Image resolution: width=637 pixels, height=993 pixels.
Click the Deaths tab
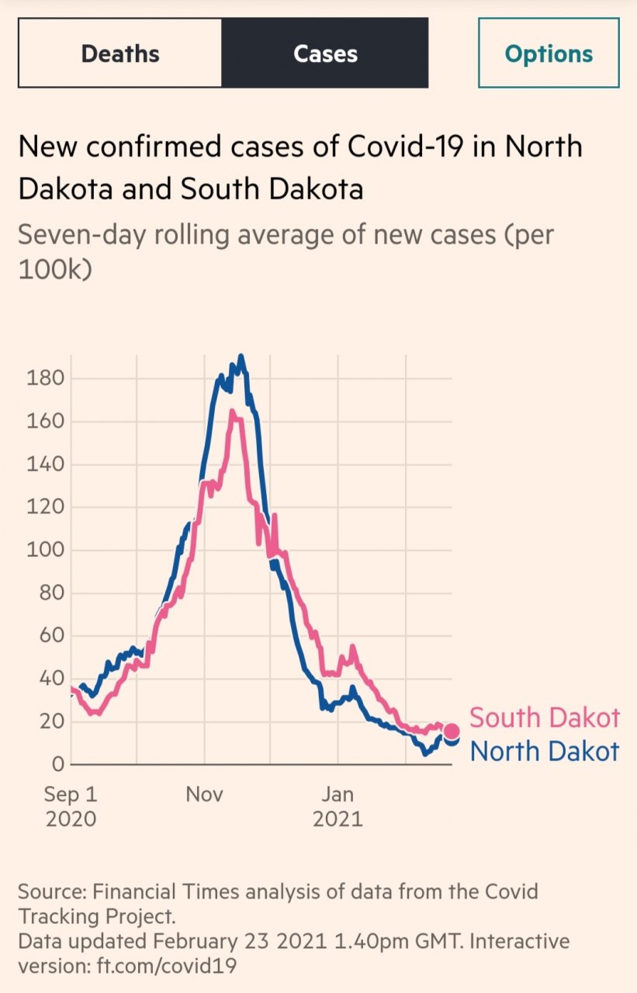click(x=120, y=54)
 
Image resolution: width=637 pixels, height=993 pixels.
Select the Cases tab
click(x=325, y=54)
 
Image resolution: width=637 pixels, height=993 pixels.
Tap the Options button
click(x=549, y=54)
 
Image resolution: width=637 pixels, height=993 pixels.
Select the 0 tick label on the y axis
click(x=56, y=765)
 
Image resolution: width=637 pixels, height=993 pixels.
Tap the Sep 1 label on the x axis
click(x=71, y=795)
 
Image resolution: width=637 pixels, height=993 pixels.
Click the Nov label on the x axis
click(x=205, y=795)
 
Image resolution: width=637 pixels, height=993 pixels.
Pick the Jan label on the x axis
click(x=338, y=795)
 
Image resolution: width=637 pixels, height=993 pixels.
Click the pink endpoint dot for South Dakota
click(x=451, y=731)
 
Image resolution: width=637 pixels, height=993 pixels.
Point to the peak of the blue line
click(x=241, y=356)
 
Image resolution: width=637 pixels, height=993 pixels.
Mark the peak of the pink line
click(x=231, y=412)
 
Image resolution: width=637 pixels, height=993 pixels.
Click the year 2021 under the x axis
click(x=338, y=819)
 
